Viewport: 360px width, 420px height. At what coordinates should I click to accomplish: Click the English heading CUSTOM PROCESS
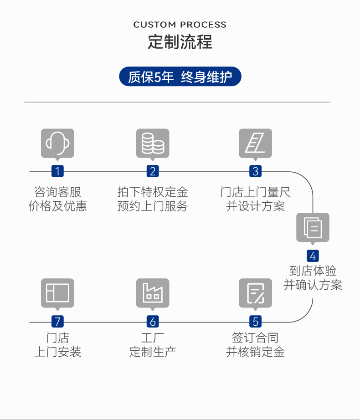pos(180,25)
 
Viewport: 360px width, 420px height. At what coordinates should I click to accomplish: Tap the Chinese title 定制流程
pos(180,42)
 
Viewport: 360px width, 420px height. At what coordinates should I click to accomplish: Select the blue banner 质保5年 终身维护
pos(180,77)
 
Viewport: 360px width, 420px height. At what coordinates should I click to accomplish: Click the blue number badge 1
pos(57,171)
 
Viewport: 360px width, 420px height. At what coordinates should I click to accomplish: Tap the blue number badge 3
pos(255,171)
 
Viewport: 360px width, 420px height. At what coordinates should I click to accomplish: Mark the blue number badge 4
pos(313,256)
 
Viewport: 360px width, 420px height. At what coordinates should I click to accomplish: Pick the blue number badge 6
pos(153,322)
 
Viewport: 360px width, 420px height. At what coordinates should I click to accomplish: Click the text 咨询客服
pos(57,192)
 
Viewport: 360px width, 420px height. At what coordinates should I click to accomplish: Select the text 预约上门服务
pos(153,206)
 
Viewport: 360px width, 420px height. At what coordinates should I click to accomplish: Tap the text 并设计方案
pos(255,206)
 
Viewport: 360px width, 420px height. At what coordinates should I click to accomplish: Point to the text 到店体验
pos(313,271)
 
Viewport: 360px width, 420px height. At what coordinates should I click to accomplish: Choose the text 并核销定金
pos(255,352)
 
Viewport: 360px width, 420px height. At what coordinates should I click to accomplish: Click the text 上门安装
pos(57,352)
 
